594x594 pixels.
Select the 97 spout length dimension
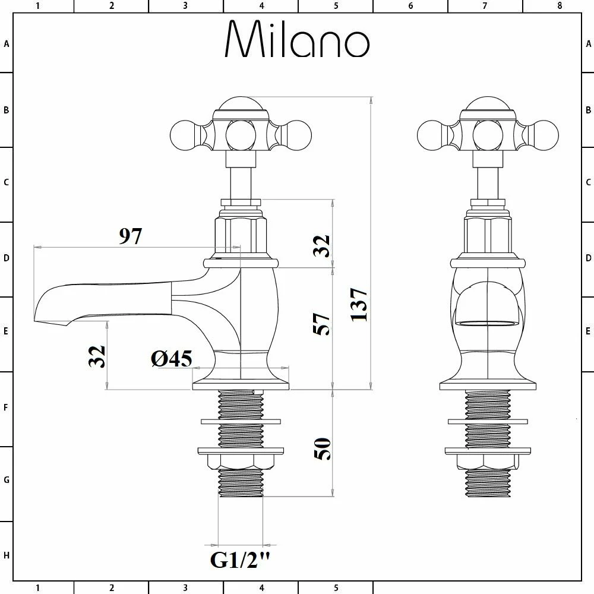131,236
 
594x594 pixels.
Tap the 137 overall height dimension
359,305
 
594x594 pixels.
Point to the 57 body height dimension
322,324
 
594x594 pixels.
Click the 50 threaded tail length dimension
322,448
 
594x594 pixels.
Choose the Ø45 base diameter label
171,358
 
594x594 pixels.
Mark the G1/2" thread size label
241,560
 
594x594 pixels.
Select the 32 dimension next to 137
321,245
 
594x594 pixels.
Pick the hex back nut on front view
486,461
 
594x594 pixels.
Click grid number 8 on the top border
559,6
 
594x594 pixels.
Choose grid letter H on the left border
7,555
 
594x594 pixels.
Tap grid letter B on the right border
588,110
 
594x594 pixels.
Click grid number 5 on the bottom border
336,588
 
